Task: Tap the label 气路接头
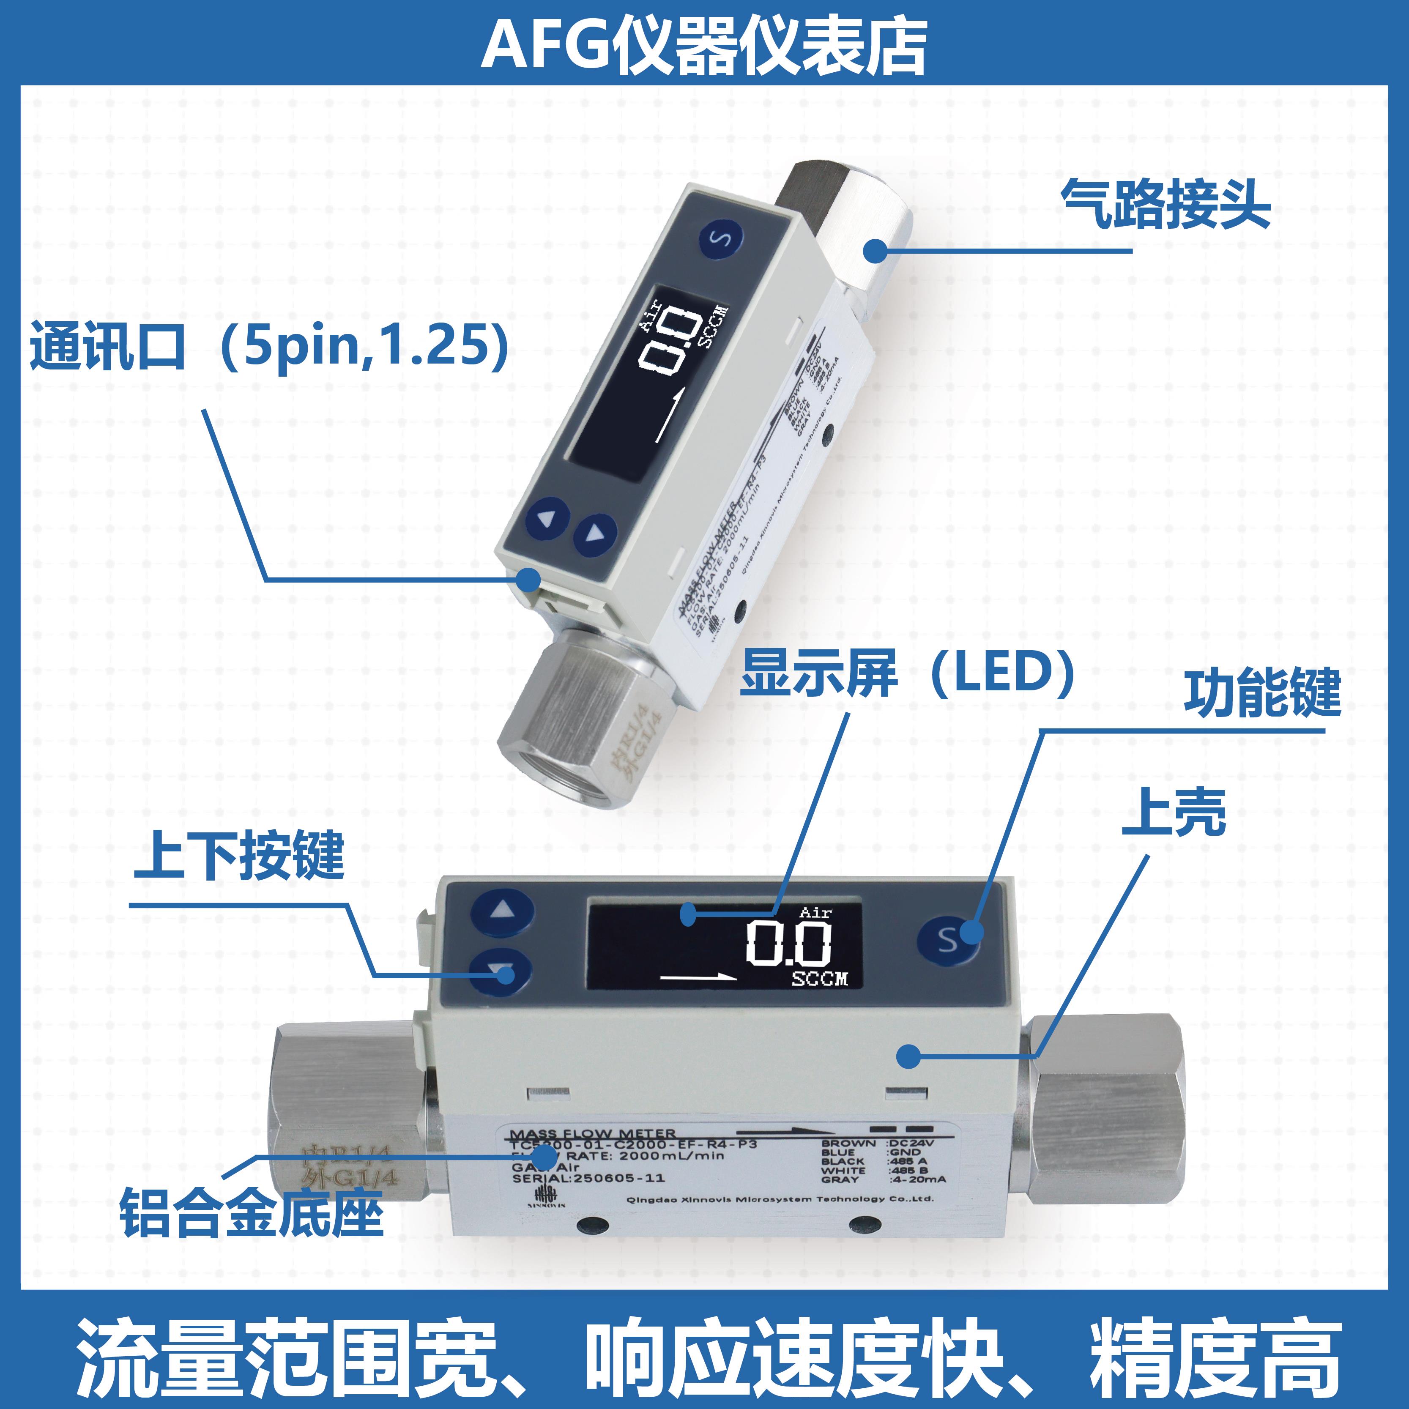point(1166,205)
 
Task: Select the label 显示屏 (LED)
point(908,673)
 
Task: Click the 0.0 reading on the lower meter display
point(788,943)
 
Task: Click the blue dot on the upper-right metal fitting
point(875,252)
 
